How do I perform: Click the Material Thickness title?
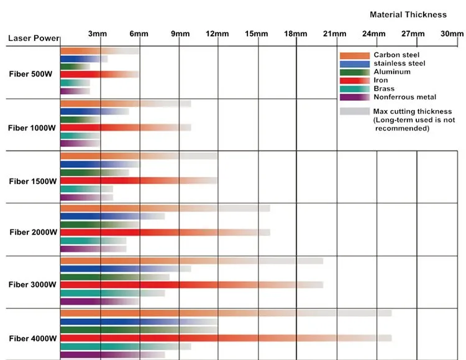(x=408, y=14)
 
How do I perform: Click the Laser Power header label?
(x=34, y=39)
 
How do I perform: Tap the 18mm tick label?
(x=296, y=34)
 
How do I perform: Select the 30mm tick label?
(x=452, y=34)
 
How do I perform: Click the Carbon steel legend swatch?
(x=355, y=55)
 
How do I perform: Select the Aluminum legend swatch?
(x=355, y=72)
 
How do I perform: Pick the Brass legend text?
(x=384, y=89)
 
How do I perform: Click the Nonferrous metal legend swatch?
(x=355, y=97)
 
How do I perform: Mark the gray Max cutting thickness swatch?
(x=355, y=111)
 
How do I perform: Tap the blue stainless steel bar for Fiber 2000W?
(x=106, y=216)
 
